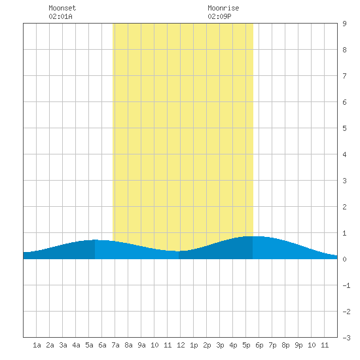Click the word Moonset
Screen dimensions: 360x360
point(62,8)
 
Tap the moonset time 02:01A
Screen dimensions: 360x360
point(60,16)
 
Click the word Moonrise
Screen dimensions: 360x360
point(223,8)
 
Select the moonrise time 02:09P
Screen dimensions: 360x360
point(219,16)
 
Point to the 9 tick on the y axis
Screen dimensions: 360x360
point(344,24)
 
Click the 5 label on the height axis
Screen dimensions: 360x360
point(344,128)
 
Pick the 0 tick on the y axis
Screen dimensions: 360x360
point(344,259)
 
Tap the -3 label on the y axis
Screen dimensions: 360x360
point(346,338)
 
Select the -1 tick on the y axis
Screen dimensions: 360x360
point(346,285)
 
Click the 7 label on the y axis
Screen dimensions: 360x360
point(344,76)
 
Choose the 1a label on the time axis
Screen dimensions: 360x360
point(37,345)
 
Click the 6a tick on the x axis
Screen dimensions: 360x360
point(102,345)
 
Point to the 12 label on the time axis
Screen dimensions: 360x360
point(181,345)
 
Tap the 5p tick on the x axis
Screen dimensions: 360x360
point(246,345)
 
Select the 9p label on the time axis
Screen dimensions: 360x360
point(298,345)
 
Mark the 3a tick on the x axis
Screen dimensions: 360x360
point(63,345)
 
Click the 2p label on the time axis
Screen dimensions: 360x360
point(207,345)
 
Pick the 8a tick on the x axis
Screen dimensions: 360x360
point(128,345)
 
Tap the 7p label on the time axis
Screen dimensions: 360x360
point(272,345)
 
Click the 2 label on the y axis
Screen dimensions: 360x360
point(344,207)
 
